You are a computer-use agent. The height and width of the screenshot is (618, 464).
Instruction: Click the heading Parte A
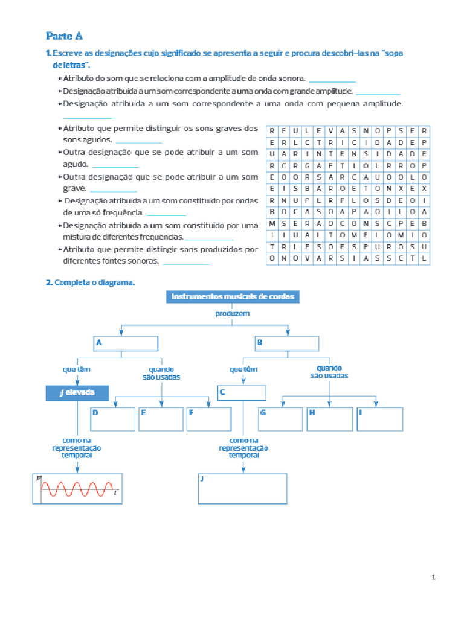(x=68, y=36)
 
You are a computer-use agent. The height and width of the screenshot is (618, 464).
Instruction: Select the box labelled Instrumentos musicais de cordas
(x=233, y=296)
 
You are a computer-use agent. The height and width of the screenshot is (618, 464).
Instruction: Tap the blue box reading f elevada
(x=77, y=393)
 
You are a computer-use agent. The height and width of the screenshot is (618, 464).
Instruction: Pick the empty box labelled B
(x=286, y=343)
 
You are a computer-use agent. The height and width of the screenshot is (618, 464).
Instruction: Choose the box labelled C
(x=242, y=393)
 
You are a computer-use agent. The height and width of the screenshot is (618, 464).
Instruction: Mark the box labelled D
(x=113, y=419)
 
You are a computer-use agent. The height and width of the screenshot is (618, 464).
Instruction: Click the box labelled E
(x=161, y=419)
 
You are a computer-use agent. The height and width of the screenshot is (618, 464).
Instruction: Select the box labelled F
(x=209, y=419)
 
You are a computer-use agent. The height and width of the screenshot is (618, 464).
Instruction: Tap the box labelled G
(x=280, y=419)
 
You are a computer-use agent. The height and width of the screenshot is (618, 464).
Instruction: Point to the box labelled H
(x=329, y=419)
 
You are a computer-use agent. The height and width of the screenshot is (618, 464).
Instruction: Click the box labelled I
(x=379, y=419)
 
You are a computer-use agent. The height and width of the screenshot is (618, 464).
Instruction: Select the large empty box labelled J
(x=242, y=489)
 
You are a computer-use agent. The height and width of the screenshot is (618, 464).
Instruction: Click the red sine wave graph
(x=77, y=489)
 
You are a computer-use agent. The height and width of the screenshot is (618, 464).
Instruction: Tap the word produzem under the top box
(x=233, y=314)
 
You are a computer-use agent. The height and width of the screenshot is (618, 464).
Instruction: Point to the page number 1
(x=434, y=578)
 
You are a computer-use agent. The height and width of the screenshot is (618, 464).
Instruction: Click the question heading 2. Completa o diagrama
(x=91, y=282)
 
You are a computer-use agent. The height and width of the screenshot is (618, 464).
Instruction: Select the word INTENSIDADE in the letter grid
(x=367, y=153)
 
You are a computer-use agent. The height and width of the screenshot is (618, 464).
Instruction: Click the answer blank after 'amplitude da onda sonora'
(x=332, y=80)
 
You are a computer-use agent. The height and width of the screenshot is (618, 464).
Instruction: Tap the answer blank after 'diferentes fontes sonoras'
(x=186, y=262)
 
